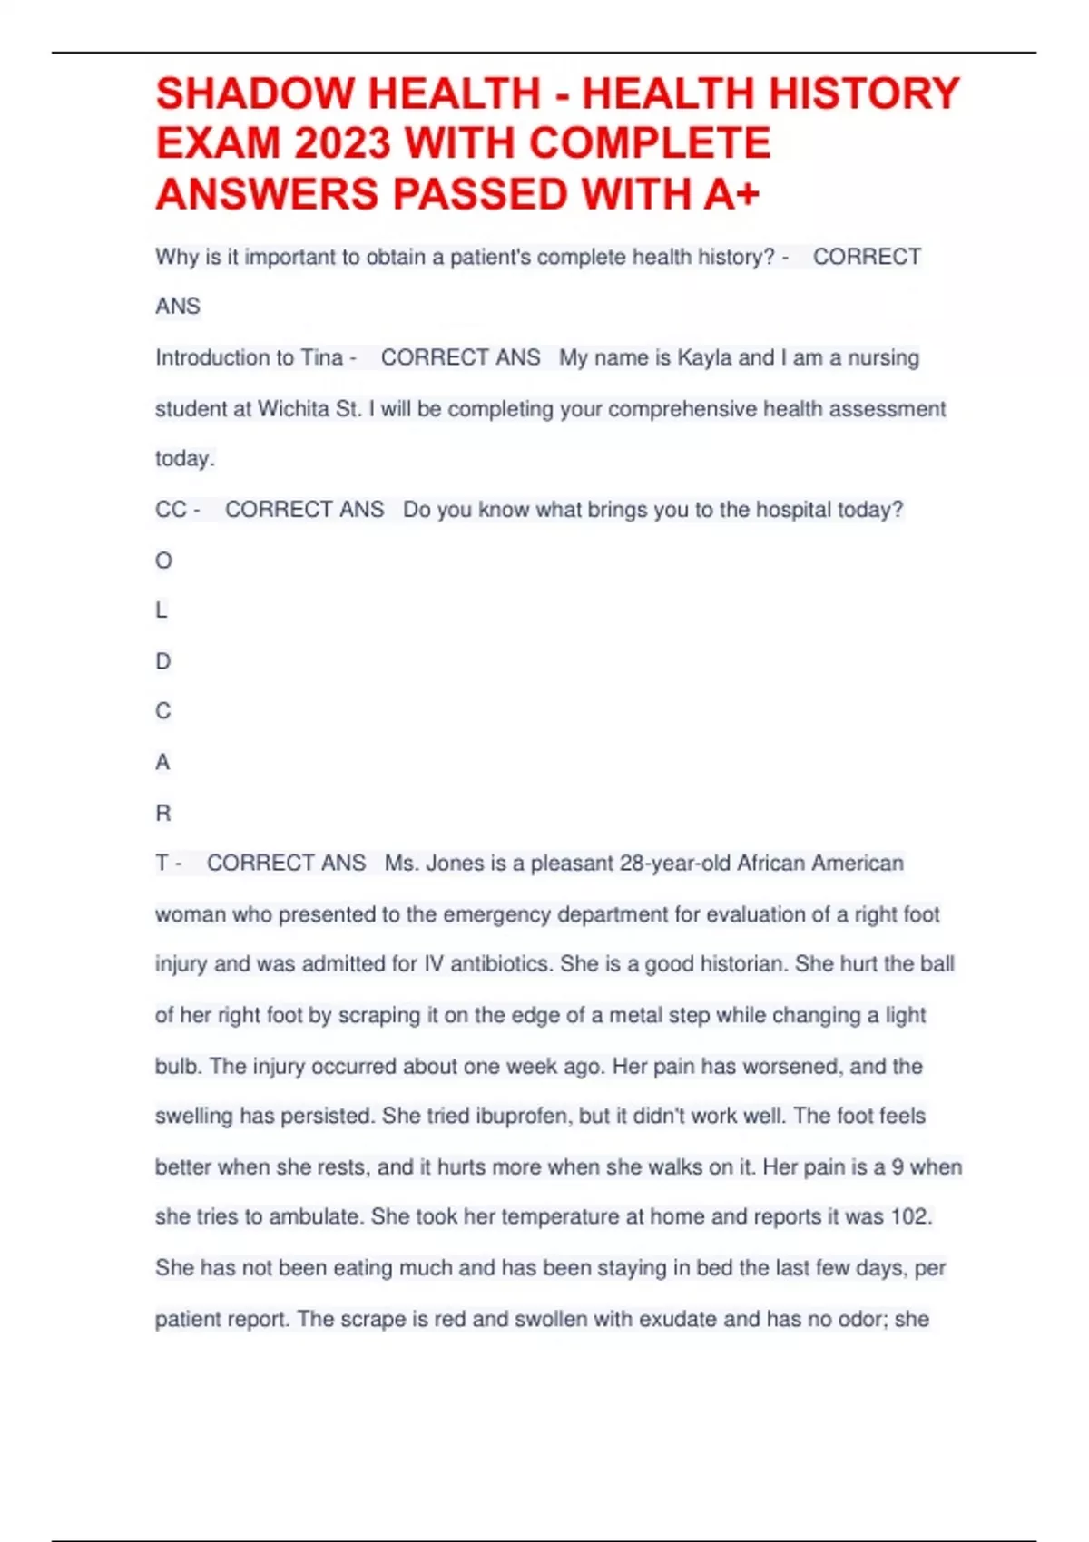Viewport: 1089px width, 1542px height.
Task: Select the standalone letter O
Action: pyautogui.click(x=163, y=561)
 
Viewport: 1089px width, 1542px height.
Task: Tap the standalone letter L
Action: pyautogui.click(x=162, y=610)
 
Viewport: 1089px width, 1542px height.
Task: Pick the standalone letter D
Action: pyautogui.click(x=163, y=661)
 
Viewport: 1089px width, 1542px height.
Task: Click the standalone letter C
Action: pyautogui.click(x=163, y=711)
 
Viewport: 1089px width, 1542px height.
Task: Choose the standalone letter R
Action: pyautogui.click(x=163, y=813)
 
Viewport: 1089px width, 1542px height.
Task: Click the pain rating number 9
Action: pyautogui.click(x=898, y=1166)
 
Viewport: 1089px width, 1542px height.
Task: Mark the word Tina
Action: pyautogui.click(x=321, y=357)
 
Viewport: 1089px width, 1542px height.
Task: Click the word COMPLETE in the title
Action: pyautogui.click(x=650, y=144)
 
